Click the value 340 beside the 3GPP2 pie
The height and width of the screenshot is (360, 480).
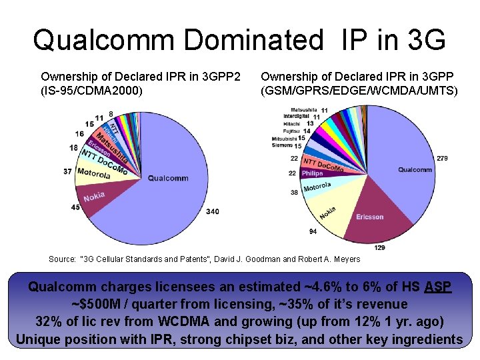pos(213,211)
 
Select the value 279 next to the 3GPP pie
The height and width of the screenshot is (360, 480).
pos(441,158)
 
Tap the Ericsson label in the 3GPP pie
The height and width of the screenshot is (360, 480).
pos(369,217)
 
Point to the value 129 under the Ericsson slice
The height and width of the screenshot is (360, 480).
pos(379,248)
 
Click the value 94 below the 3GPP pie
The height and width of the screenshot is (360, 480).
pos(313,231)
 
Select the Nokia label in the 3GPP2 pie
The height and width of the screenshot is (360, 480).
pos(94,197)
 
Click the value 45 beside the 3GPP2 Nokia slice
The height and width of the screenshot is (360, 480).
pos(75,207)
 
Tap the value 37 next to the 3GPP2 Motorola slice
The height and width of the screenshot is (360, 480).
pos(67,171)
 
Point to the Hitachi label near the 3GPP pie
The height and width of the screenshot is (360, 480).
pos(291,124)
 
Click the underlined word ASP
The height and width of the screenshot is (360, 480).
pos(437,287)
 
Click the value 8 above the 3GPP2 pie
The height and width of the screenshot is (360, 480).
pos(110,114)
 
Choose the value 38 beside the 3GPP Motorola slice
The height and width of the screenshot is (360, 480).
pos(294,193)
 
